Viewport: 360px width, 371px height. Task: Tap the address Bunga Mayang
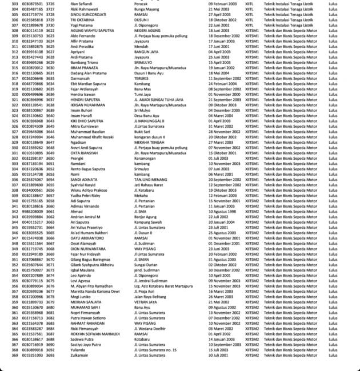click(146, 10)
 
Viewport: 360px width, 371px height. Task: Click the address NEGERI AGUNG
click(146, 31)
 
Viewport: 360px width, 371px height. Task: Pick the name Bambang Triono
click(83, 62)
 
